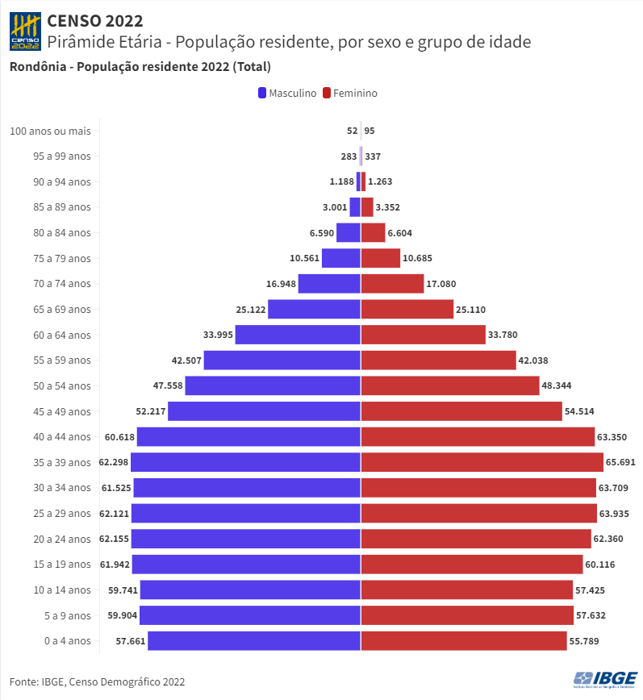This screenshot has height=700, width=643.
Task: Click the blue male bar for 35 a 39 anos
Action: pos(245,462)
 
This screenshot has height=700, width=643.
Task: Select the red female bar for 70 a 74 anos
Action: pos(392,284)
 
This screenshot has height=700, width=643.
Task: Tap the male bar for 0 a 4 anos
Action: pos(253,641)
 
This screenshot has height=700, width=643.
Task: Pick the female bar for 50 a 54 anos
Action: pos(450,385)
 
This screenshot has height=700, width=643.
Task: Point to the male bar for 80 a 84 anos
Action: pos(348,232)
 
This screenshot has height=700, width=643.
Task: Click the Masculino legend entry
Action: pos(286,93)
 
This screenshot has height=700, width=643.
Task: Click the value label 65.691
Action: pos(622,462)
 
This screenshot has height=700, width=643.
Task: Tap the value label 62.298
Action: pos(114,462)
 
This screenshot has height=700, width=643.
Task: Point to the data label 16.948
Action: pos(280,284)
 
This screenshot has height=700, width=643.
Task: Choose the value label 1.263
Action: pos(380,181)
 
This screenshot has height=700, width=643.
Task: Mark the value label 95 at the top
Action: pos(370,131)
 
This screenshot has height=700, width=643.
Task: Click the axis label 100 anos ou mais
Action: pos(50,131)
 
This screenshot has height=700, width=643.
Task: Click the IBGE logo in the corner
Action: pos(605,679)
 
